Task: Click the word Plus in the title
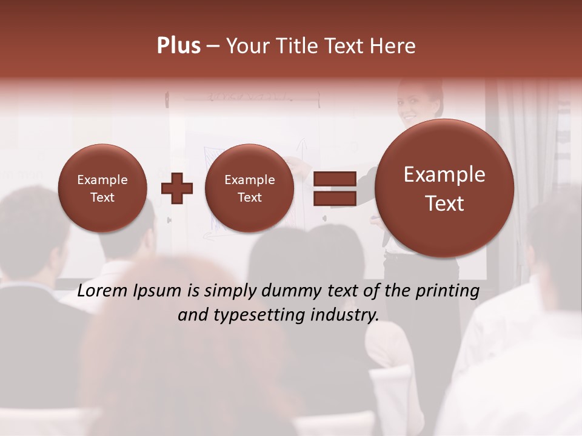coord(178,46)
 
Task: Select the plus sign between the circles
coord(177,188)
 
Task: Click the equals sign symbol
coord(334,188)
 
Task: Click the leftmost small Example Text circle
coord(102,188)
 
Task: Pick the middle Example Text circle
coord(250,188)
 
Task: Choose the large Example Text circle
coord(444,188)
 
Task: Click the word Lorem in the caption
coord(104,291)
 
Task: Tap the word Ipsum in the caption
coord(159,292)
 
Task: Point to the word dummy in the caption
coord(290,292)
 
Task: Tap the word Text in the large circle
coord(444,203)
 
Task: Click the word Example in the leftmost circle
coord(102,180)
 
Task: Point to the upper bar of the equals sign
coord(334,179)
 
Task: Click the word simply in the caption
coord(229,292)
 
